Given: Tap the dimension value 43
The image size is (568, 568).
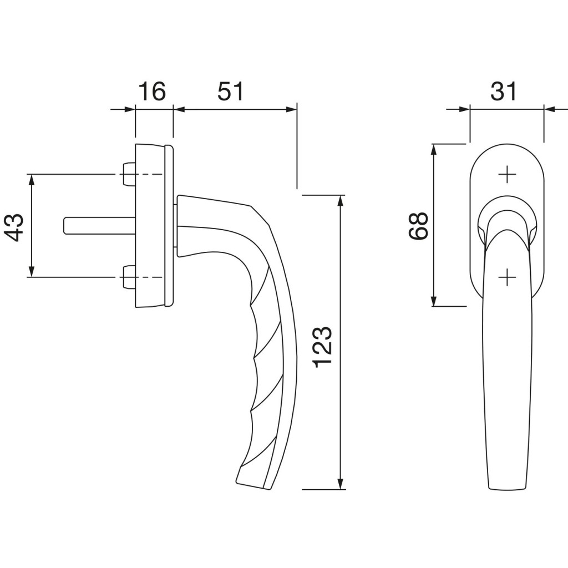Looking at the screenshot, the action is tap(14, 227).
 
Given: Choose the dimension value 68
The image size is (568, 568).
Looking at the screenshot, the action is tap(418, 226).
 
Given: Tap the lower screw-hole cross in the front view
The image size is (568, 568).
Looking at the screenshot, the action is tap(507, 277).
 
